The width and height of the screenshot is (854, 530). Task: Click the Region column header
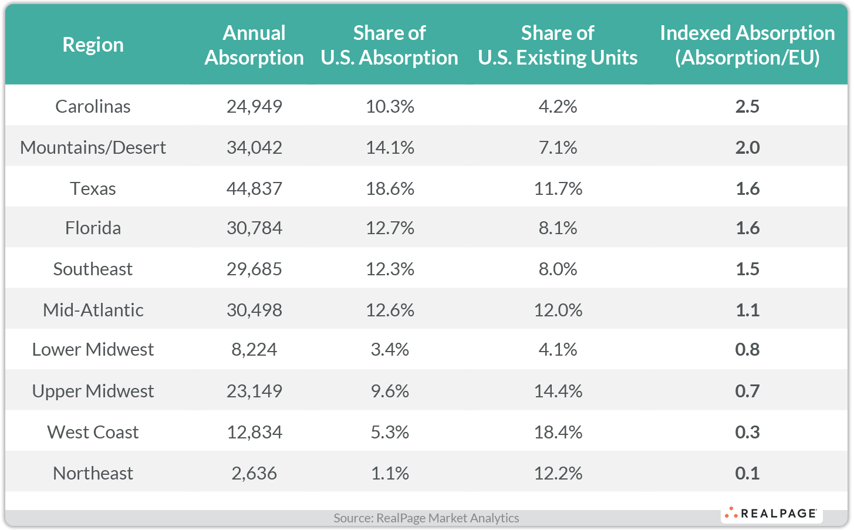coord(93,45)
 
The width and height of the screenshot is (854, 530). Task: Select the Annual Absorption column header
coord(254,45)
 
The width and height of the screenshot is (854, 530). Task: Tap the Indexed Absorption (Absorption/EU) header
coord(747,45)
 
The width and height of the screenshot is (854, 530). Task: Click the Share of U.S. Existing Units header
coord(558,45)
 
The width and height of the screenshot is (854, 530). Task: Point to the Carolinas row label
coord(93,106)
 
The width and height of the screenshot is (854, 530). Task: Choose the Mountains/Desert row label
coord(93,147)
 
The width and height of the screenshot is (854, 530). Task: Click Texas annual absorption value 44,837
coord(254,188)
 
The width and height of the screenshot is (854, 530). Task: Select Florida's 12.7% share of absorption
coord(390,228)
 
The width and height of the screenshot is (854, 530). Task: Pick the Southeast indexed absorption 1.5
coord(747,269)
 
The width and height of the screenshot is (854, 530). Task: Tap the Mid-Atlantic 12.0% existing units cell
coord(558,310)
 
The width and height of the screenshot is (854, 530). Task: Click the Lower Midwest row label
coord(93,349)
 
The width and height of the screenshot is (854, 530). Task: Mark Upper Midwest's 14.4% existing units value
coord(558,391)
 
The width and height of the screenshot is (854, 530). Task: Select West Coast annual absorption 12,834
coord(254,432)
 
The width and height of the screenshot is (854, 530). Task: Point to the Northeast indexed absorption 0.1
coord(747,473)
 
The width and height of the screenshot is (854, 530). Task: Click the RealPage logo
coord(771,514)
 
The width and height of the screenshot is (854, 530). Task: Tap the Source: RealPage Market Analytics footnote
coord(426,518)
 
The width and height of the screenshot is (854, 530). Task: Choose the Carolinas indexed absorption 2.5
coord(747,106)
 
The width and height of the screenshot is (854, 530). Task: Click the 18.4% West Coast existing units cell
coord(558,432)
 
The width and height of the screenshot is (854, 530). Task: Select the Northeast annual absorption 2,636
coord(254,473)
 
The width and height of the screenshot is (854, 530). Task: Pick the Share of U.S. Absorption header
coord(390,45)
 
